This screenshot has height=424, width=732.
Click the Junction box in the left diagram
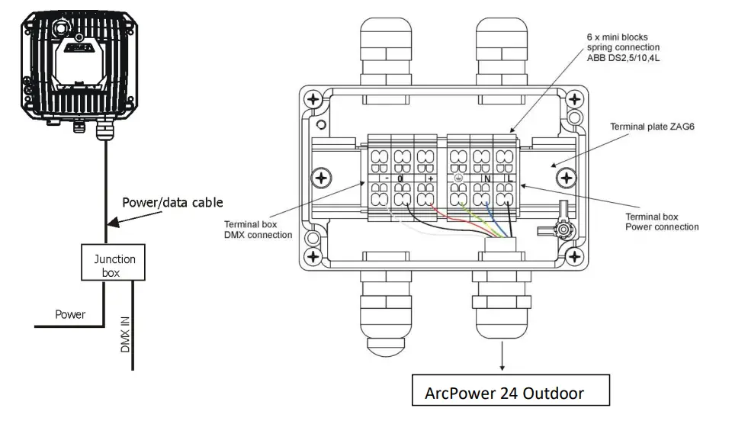coord(114,265)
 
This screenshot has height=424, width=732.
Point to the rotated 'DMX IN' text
coord(126,335)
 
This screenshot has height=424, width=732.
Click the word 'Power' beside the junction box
coord(70,313)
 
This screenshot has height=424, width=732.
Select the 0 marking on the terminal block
coord(401,178)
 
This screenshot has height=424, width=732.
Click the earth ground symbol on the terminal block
coord(458,178)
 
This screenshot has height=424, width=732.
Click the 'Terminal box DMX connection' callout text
coord(258,230)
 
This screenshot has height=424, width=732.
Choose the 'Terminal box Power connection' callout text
coord(661,221)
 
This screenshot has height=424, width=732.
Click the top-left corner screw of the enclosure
coord(313,100)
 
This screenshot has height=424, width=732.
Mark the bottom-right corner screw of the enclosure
coord(565,257)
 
